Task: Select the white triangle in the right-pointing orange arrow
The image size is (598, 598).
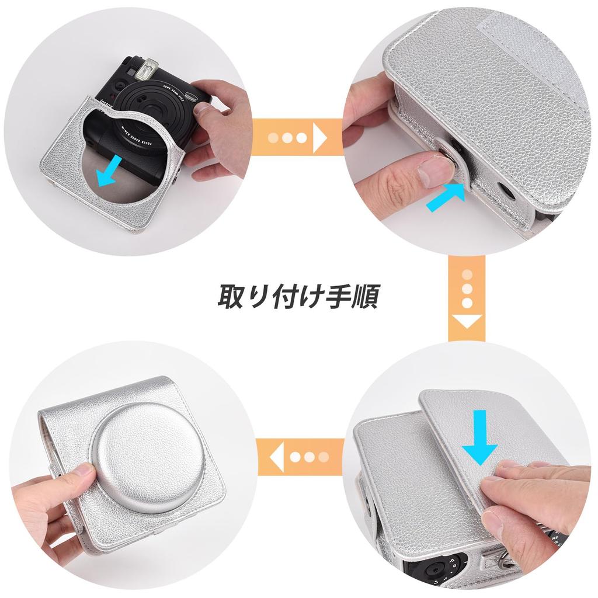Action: pyautogui.click(x=320, y=138)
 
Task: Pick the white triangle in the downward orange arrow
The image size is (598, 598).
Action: pyautogui.click(x=467, y=321)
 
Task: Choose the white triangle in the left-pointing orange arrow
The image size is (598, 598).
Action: pyautogui.click(x=277, y=456)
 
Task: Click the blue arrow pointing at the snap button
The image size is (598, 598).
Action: pyautogui.click(x=446, y=197)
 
